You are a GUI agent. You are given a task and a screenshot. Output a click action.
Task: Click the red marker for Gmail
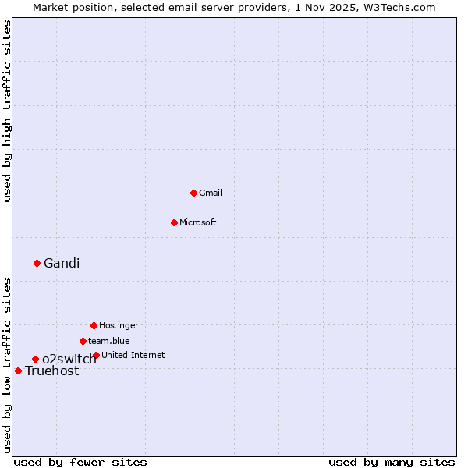coord(193,193)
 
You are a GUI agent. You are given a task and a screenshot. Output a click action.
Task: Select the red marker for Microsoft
coord(174,222)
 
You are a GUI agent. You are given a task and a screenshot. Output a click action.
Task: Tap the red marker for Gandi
coord(37,263)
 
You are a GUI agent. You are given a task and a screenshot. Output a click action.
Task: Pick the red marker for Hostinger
coord(94,325)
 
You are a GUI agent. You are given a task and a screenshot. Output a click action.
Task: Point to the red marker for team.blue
coord(83,341)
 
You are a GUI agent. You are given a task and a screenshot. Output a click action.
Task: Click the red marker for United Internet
coord(96,355)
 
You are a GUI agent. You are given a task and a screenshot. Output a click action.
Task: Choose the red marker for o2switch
coord(35,359)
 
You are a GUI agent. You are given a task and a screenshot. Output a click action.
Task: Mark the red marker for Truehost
coord(18,370)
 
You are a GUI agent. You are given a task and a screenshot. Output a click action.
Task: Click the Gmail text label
coord(211,193)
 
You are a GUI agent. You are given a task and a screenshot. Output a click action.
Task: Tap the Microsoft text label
coord(198,222)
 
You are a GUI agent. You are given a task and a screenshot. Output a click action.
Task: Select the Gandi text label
coord(62,263)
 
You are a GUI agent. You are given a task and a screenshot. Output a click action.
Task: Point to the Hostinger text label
coord(119,325)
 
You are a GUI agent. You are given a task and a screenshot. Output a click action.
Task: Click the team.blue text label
coord(109,341)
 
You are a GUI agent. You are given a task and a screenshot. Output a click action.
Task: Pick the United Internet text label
coord(133,355)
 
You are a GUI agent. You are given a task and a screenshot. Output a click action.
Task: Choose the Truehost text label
coord(52,371)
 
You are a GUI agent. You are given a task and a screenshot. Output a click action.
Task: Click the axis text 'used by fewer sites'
coord(80,462)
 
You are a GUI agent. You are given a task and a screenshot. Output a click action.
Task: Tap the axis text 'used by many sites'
coord(392,462)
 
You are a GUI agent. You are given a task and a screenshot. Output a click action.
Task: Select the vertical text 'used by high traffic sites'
coord(7,111)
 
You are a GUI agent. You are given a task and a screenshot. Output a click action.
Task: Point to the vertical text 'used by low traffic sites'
coord(7,364)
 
